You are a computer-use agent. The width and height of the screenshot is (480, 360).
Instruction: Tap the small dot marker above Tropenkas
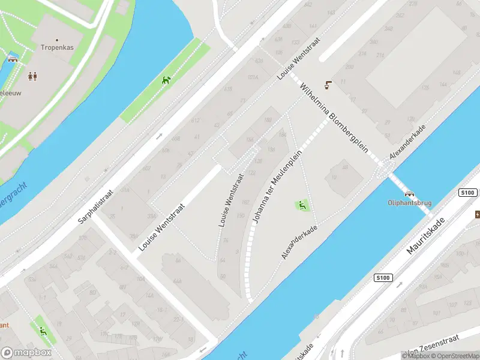pyautogui.click(x=57, y=40)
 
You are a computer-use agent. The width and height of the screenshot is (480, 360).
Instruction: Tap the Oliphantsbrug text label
pyautogui.click(x=410, y=203)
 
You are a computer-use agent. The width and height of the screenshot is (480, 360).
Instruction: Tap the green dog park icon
pyautogui.click(x=166, y=80)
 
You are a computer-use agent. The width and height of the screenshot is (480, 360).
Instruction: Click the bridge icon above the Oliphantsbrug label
pyautogui.click(x=410, y=194)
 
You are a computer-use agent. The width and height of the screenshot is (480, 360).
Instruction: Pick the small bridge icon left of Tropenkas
pyautogui.click(x=13, y=59)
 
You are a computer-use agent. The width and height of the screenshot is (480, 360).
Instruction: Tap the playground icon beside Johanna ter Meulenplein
pyautogui.click(x=302, y=206)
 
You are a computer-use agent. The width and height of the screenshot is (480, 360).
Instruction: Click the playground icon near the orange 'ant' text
pyautogui.click(x=42, y=331)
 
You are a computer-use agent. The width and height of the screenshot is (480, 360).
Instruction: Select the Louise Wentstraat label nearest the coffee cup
pyautogui.click(x=299, y=60)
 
